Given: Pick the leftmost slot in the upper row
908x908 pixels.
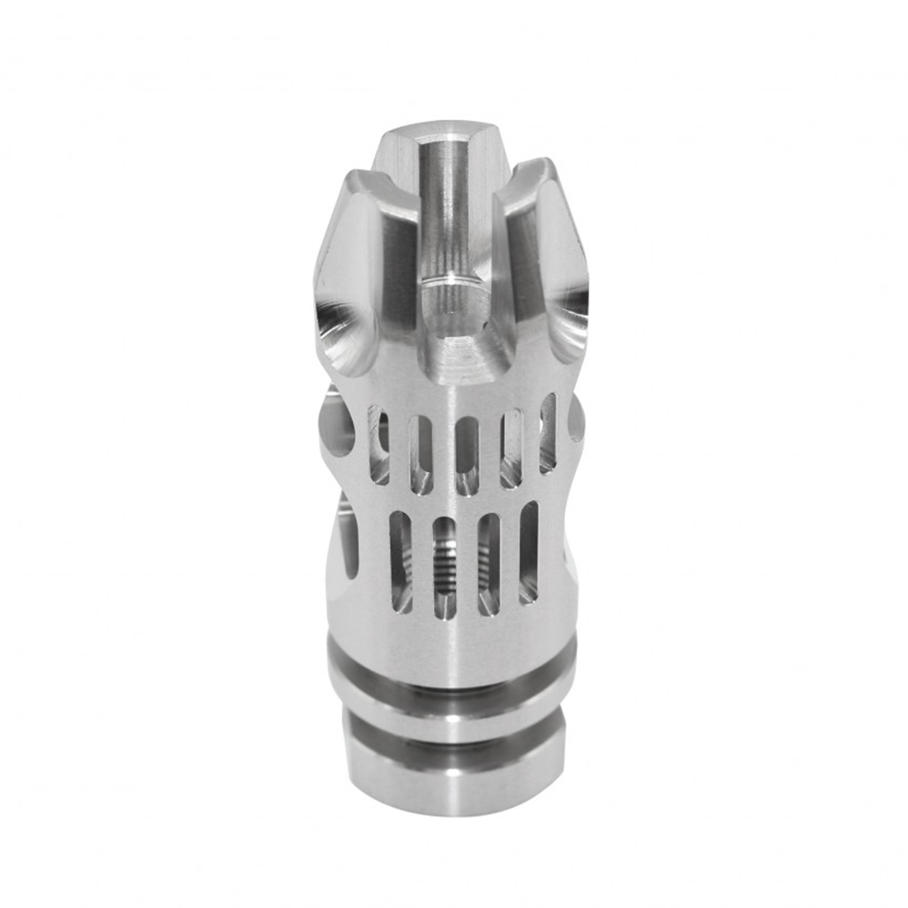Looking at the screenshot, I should [x=378, y=444].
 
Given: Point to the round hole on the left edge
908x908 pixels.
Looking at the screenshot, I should [x=337, y=426].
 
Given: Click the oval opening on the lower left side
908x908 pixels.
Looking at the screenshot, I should [x=349, y=535].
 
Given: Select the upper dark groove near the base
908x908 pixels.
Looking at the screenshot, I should [x=451, y=687].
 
